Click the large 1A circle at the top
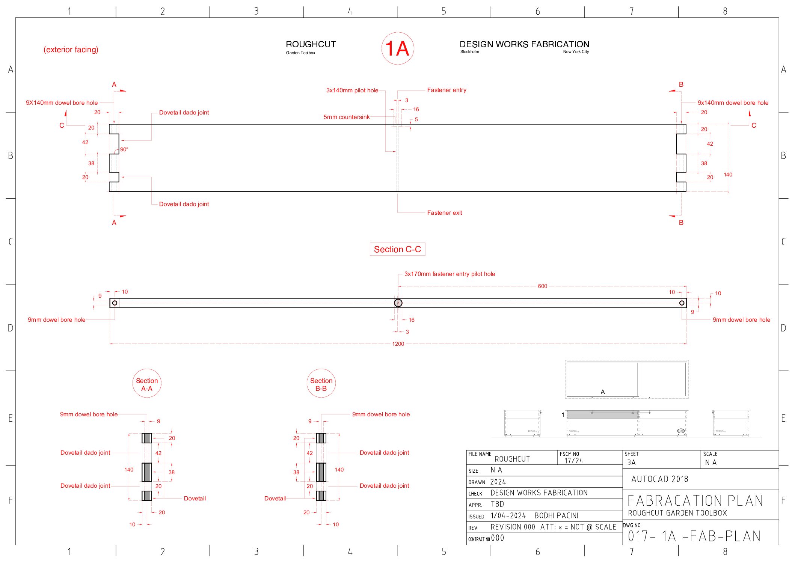click(x=397, y=48)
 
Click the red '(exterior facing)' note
click(x=71, y=50)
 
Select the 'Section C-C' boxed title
click(x=397, y=249)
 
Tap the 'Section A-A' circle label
click(x=147, y=384)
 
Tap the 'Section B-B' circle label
click(x=321, y=384)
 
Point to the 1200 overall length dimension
click(x=398, y=344)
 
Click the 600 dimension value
click(x=542, y=286)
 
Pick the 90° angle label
click(x=124, y=149)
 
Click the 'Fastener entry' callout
click(x=447, y=90)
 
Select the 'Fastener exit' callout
click(x=444, y=213)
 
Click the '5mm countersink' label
click(x=346, y=117)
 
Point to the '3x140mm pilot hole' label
click(x=352, y=90)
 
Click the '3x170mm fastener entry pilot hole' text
click(x=450, y=274)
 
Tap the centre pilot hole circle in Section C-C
click(x=398, y=303)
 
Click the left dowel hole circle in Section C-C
click(x=115, y=303)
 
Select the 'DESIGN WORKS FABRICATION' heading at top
click(x=524, y=44)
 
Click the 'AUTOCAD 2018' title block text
click(x=659, y=479)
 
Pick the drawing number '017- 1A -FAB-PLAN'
click(x=694, y=536)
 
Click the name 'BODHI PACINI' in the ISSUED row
click(x=556, y=516)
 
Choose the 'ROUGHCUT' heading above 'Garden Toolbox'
click(x=311, y=44)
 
